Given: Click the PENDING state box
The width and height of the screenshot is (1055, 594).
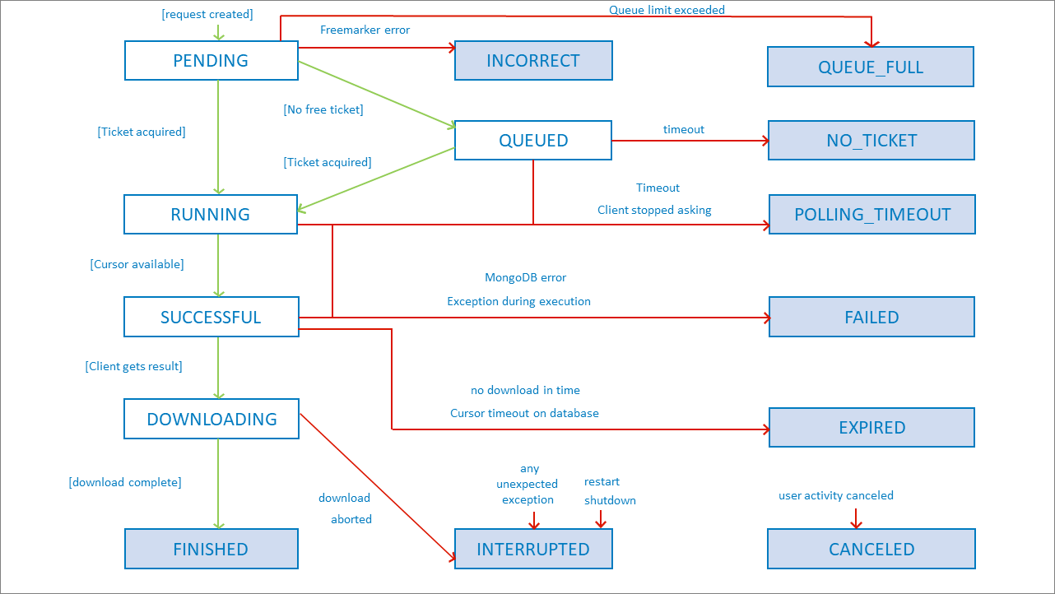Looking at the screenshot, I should [x=211, y=61].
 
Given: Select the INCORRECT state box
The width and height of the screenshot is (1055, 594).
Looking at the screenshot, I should [x=533, y=61].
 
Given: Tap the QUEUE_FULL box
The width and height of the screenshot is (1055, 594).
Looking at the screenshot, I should [x=871, y=67].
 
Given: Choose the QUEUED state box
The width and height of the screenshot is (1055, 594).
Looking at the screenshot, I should [x=533, y=141].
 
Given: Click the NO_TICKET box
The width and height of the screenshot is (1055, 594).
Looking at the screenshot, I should [x=871, y=141].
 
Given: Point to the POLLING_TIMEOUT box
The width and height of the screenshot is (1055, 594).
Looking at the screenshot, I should [x=871, y=215].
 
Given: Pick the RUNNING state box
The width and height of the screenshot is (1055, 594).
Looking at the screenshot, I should [x=211, y=215].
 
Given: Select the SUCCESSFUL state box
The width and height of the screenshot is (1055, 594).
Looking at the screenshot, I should [x=211, y=318].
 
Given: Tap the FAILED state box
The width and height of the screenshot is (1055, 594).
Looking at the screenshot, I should [x=871, y=318].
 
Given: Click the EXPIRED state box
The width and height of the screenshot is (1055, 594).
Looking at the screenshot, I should [x=871, y=428].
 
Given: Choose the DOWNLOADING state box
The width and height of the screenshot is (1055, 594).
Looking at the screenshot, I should [x=211, y=419].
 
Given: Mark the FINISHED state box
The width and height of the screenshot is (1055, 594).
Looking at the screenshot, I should [x=211, y=550].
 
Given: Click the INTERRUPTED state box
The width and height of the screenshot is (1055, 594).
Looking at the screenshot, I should [x=533, y=550].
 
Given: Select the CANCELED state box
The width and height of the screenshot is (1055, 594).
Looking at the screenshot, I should [x=871, y=550].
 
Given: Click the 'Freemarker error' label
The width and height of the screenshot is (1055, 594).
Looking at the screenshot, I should [x=365, y=30].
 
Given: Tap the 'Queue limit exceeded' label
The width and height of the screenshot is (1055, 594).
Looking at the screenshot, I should [x=667, y=10].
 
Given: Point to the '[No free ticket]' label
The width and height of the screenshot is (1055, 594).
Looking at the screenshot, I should [x=323, y=109].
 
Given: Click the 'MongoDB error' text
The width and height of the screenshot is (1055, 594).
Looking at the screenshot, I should [x=526, y=277].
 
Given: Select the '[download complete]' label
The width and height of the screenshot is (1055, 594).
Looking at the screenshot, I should [x=125, y=482].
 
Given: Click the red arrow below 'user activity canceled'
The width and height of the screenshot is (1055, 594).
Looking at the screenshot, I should [x=856, y=519].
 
